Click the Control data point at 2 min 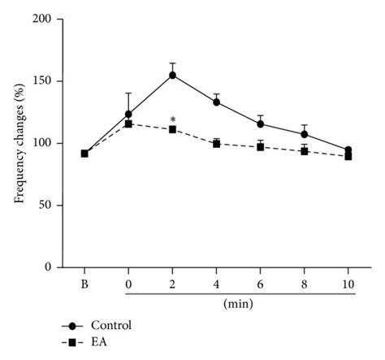(172, 75)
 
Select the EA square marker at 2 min (172, 129)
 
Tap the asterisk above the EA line (172, 119)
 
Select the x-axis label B (84, 283)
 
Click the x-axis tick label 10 (348, 283)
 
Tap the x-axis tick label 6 (260, 283)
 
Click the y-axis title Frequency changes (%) (19, 143)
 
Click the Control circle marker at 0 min (128, 115)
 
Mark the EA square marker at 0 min (128, 124)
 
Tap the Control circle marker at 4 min (216, 102)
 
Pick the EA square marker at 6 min (260, 147)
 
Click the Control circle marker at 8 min (304, 134)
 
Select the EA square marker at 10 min (348, 156)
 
